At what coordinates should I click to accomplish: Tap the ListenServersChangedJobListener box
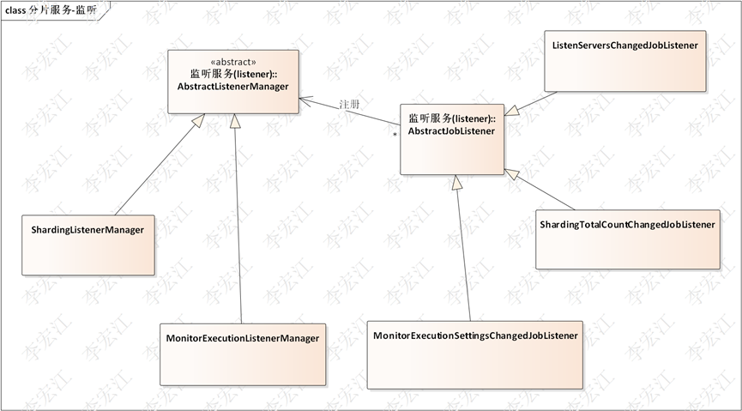tap(624, 60)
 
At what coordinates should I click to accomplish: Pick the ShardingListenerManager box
tap(88, 245)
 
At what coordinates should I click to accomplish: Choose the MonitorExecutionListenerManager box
tap(243, 354)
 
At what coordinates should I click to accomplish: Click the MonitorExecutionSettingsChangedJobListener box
tap(476, 354)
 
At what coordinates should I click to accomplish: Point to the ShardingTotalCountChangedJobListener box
tap(627, 239)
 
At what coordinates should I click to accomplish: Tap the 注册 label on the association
tap(348, 104)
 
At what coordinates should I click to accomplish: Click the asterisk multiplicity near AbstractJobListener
tap(395, 136)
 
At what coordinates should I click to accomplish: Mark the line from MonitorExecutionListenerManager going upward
tap(238, 223)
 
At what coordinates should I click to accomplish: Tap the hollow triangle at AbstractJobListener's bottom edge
tap(456, 183)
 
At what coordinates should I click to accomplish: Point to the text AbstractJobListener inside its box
tap(452, 131)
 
